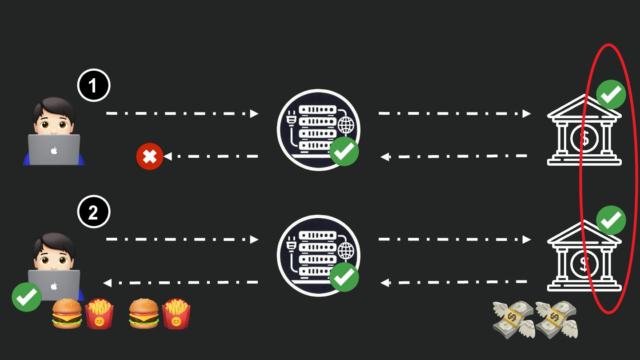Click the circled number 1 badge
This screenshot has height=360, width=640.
93,86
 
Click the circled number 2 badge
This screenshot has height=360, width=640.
93,213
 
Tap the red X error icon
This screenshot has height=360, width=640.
150,156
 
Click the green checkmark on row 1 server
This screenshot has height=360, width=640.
344,152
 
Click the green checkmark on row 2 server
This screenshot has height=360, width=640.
344,277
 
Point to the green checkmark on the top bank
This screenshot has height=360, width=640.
611,94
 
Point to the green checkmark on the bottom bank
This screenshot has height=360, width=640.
611,220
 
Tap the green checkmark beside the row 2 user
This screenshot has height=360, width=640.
27,297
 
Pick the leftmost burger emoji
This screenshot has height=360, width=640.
67,314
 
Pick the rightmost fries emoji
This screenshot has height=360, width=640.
176,314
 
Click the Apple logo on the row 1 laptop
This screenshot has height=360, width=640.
54,151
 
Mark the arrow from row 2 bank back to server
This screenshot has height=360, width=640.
454,282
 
